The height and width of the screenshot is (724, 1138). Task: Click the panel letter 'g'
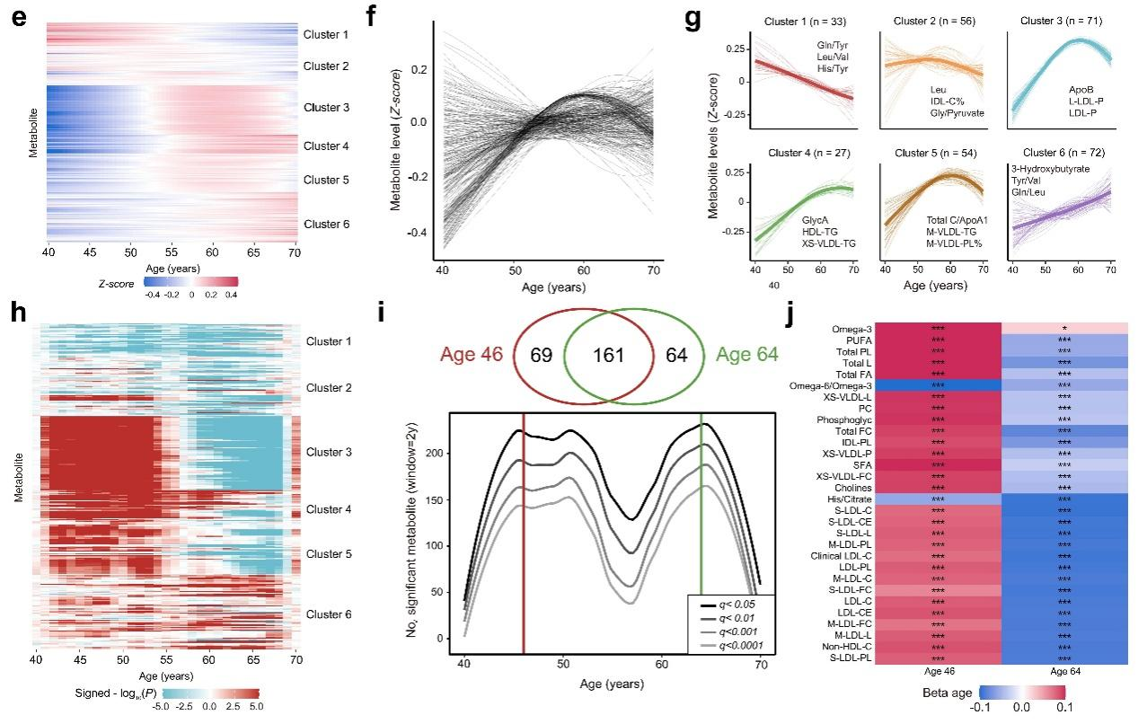coord(693,19)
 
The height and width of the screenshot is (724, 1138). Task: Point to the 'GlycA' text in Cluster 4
coord(816,219)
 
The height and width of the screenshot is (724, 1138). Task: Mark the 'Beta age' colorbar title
coord(948,693)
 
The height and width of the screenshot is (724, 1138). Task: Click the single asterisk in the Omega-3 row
coord(1062,331)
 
